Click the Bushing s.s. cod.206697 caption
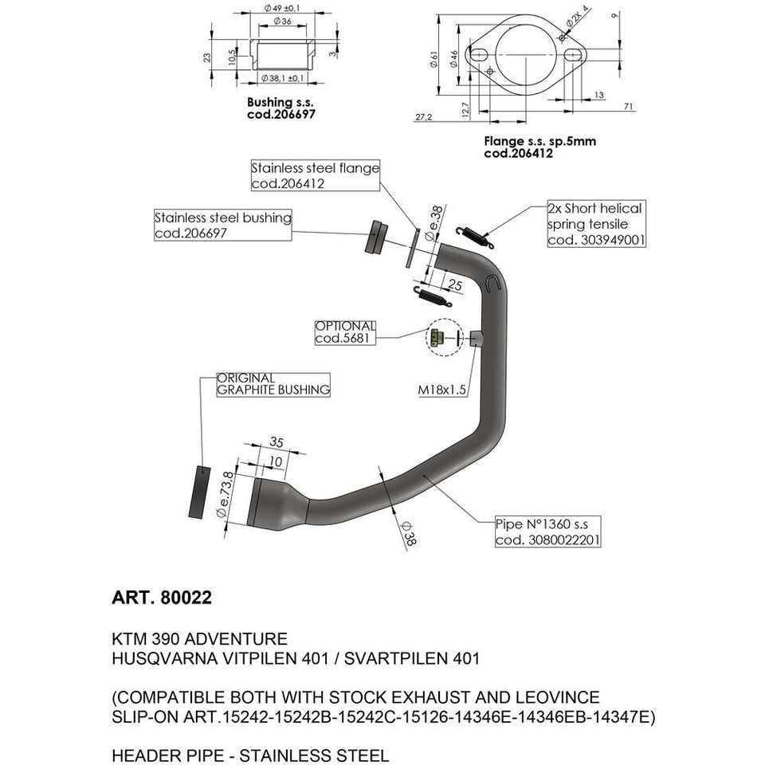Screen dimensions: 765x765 click(x=281, y=108)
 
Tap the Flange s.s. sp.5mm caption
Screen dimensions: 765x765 click(x=539, y=147)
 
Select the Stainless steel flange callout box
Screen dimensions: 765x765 click(x=315, y=175)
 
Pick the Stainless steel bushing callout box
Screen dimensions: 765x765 click(x=222, y=225)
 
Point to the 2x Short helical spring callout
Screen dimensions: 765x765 click(x=594, y=223)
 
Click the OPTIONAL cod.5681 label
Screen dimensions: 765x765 click(x=344, y=332)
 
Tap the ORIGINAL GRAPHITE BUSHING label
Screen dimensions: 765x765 click(x=273, y=384)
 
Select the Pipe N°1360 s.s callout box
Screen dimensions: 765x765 click(x=547, y=532)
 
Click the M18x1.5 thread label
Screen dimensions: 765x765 click(x=442, y=390)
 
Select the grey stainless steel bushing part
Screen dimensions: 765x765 click(x=375, y=237)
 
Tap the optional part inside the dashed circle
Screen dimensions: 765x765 click(x=434, y=340)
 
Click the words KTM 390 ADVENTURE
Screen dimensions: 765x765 click(x=200, y=639)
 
